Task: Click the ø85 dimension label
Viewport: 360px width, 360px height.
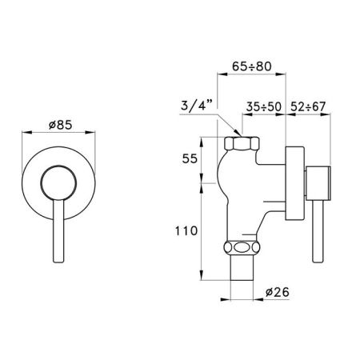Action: coord(61,126)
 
